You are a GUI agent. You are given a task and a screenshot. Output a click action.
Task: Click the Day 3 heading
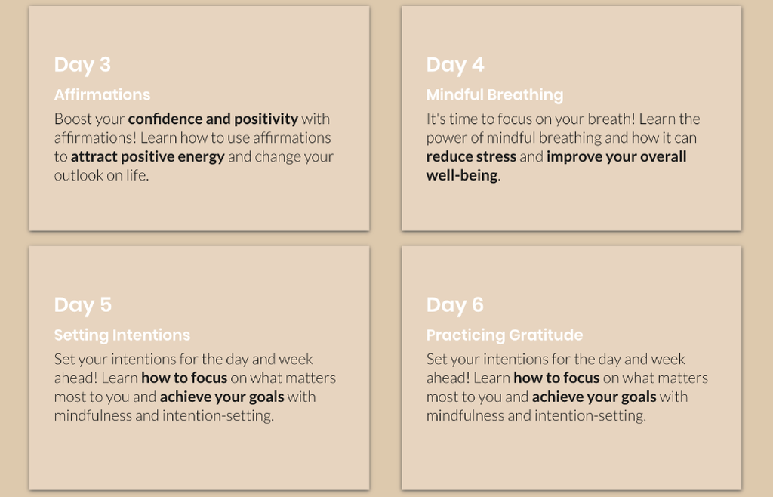[x=82, y=66]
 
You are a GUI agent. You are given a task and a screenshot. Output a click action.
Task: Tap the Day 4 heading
[x=455, y=66]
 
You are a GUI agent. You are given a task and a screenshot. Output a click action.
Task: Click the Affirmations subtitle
[x=102, y=94]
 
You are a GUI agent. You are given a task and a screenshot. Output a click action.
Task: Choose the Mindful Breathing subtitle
[x=494, y=95]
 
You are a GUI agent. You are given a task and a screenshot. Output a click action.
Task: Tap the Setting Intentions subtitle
[x=122, y=335]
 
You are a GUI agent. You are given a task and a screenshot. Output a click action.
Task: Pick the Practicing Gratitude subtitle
[x=504, y=335]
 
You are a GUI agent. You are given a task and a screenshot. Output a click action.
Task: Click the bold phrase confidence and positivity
[x=213, y=119]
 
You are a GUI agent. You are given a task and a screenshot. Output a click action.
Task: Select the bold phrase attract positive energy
[x=148, y=157]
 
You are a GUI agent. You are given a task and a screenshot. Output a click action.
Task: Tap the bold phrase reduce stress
[x=471, y=157]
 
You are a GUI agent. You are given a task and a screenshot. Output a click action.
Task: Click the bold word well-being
[x=462, y=175]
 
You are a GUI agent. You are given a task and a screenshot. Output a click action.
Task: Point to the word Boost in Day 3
[x=72, y=119]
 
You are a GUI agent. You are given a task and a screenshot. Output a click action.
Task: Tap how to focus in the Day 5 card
[x=184, y=378]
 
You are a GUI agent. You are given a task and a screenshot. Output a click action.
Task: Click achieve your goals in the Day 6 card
[x=594, y=397]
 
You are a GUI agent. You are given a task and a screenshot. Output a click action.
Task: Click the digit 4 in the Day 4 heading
[x=478, y=65]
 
